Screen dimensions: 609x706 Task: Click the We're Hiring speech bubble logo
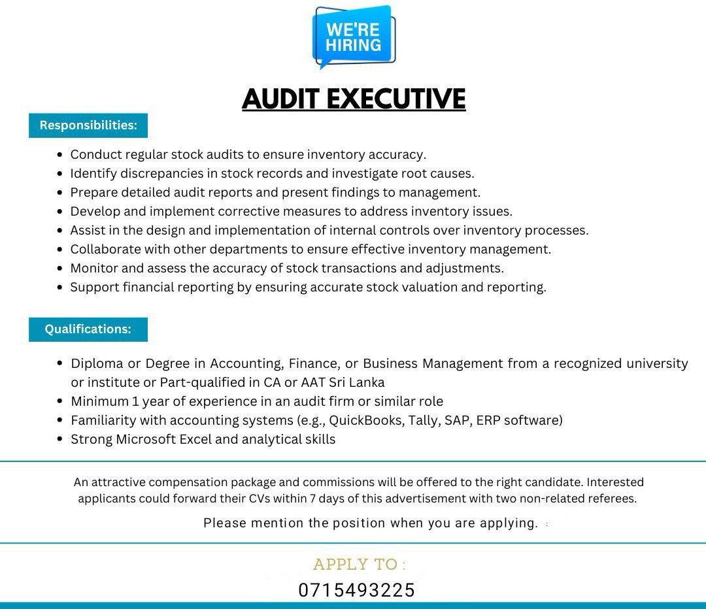pos(354,37)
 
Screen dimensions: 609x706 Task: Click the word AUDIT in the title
pos(280,99)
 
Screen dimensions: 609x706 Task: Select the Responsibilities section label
pos(88,125)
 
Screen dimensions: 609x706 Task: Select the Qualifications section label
pos(88,329)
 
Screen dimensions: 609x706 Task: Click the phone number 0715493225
pos(356,590)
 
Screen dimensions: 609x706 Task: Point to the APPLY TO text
pos(359,565)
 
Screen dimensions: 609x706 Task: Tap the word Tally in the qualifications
pos(423,420)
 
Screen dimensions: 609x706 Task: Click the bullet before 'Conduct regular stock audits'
pos(60,155)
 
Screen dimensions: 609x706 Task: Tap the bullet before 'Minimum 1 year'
pos(60,401)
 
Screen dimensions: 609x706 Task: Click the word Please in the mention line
pos(225,523)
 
